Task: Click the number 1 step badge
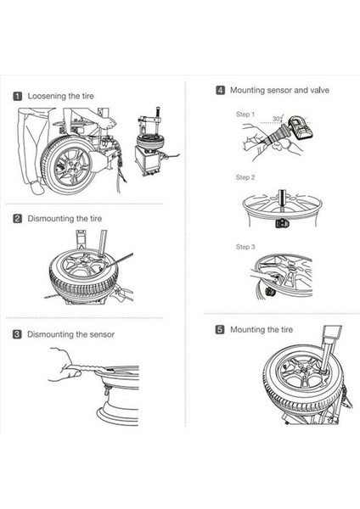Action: (18, 96)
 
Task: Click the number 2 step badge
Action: (18, 219)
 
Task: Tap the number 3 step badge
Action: (17, 334)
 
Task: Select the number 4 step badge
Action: (220, 90)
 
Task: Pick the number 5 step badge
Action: (220, 330)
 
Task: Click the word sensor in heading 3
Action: (101, 334)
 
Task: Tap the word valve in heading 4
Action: (320, 90)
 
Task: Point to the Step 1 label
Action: (245, 115)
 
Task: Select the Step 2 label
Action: (245, 177)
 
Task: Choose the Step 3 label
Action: (245, 247)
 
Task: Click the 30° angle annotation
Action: (277, 119)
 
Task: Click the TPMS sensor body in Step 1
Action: (301, 128)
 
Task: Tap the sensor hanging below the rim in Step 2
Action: (282, 223)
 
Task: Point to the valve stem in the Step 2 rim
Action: (281, 200)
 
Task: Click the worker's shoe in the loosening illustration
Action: (37, 187)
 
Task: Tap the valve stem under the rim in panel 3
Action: (107, 389)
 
